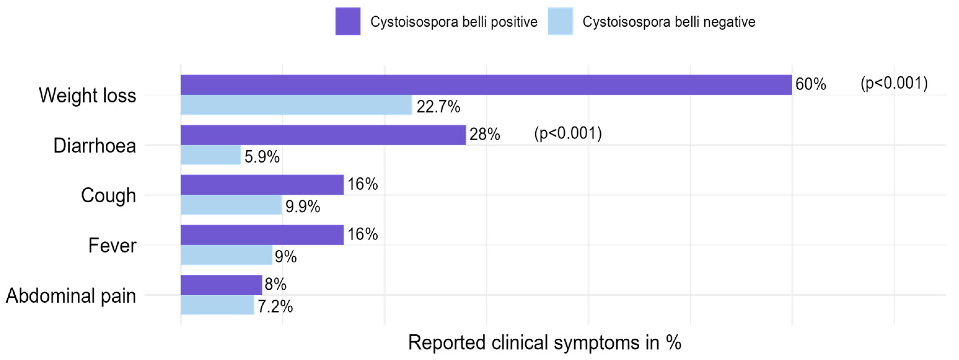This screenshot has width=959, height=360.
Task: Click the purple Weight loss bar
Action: [486, 85]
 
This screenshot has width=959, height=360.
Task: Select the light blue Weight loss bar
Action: [296, 105]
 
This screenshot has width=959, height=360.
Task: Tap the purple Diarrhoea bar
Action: [323, 135]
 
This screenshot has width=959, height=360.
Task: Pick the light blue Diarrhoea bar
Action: [211, 155]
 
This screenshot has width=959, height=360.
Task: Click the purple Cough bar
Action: [262, 185]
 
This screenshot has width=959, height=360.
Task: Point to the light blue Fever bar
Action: [226, 255]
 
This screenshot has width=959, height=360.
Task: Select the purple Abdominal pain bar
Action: [221, 285]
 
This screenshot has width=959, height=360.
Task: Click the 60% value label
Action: [810, 84]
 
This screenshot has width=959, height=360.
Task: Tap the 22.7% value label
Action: [438, 107]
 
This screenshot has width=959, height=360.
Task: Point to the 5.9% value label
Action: [262, 157]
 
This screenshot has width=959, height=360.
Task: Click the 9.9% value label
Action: [303, 207]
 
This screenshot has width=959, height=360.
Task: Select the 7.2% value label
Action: [275, 307]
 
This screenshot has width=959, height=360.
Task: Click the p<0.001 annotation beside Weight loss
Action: [894, 83]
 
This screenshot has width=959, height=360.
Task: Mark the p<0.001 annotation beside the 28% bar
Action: [568, 133]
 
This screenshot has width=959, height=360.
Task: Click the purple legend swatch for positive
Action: [348, 22]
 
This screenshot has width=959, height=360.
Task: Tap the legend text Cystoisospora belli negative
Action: [669, 22]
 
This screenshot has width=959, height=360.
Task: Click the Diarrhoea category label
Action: [94, 146]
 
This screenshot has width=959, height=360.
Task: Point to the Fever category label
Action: [112, 246]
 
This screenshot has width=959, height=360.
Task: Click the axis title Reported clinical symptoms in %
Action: [545, 343]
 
